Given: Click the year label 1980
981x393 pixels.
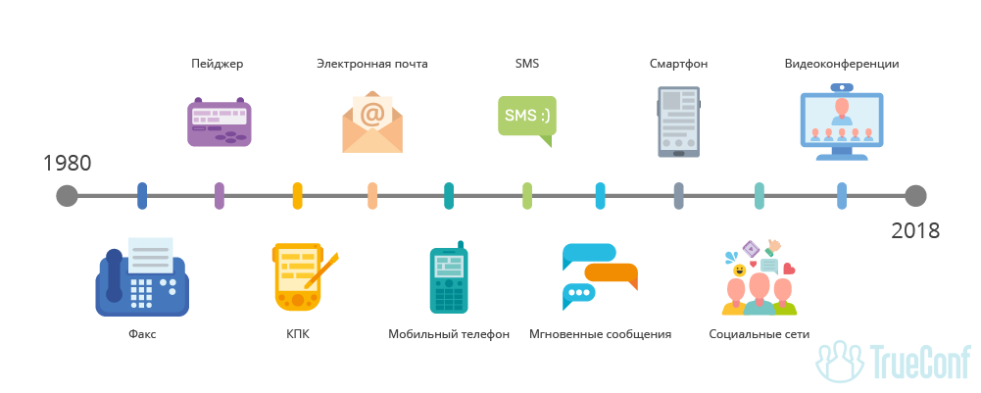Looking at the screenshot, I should pos(67,163).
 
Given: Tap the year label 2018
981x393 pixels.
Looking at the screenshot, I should pos(915,231).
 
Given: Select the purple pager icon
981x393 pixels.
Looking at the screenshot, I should pos(219,122).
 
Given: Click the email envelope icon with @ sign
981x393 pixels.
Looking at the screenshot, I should pos(372,123).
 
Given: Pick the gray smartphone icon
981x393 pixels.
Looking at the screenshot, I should pos(678,122).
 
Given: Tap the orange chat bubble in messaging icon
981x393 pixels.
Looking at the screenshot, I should pos(612,275).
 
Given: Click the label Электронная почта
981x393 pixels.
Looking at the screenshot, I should pos(372,65).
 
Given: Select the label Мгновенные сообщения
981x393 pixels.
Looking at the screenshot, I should pos(600,334).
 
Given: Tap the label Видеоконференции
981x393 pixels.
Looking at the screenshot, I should pos(842,65).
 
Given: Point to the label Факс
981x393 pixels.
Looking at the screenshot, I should pos(142,334).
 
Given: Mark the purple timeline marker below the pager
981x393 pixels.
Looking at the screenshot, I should pos(219,196).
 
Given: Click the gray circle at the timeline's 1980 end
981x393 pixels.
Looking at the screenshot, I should pos(67,196).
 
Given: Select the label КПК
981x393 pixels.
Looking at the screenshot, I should pos(298,334).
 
